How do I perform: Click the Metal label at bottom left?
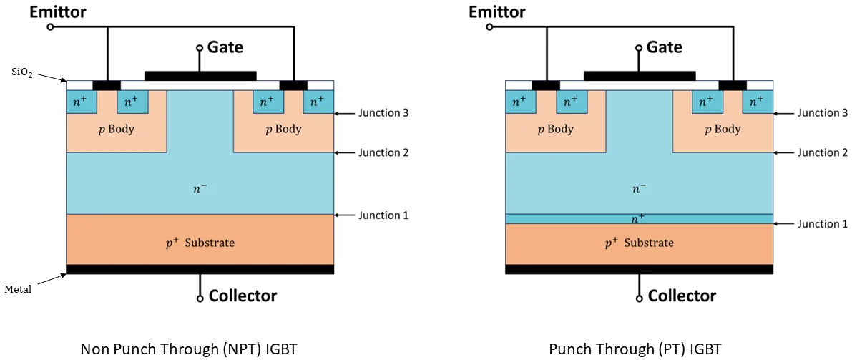point(19,289)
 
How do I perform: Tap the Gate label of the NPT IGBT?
point(225,47)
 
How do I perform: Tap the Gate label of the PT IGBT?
point(664,47)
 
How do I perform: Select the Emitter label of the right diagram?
point(496,12)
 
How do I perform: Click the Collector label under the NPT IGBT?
point(243,296)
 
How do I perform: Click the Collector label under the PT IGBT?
point(682,296)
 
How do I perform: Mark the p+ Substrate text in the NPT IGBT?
point(200,243)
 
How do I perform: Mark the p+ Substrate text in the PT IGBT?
point(639,243)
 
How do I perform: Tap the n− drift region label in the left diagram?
point(200,188)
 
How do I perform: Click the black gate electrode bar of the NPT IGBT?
point(200,75)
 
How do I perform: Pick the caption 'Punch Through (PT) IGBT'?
point(635,349)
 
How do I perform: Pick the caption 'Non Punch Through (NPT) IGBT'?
point(188,349)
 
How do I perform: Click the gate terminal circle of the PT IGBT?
point(639,48)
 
